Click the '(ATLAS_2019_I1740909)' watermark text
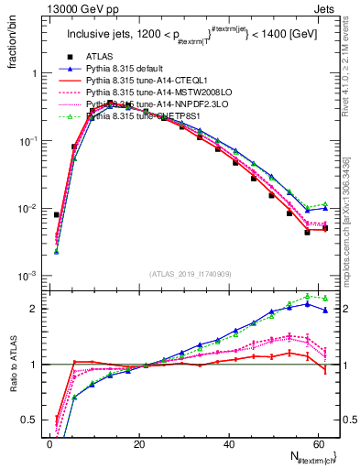[x=191, y=275]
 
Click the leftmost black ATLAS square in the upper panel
[x=57, y=214]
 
